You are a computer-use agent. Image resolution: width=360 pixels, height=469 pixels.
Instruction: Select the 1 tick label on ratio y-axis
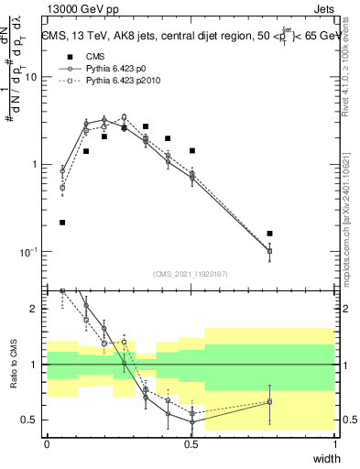click(x=37, y=365)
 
